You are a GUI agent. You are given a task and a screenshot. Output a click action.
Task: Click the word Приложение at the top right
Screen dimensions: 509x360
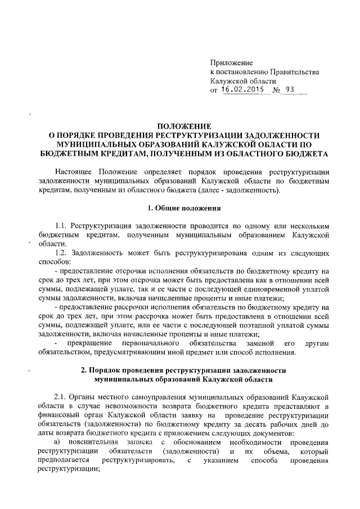[231, 62]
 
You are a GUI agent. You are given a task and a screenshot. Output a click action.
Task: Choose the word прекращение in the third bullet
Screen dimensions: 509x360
[90, 343]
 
